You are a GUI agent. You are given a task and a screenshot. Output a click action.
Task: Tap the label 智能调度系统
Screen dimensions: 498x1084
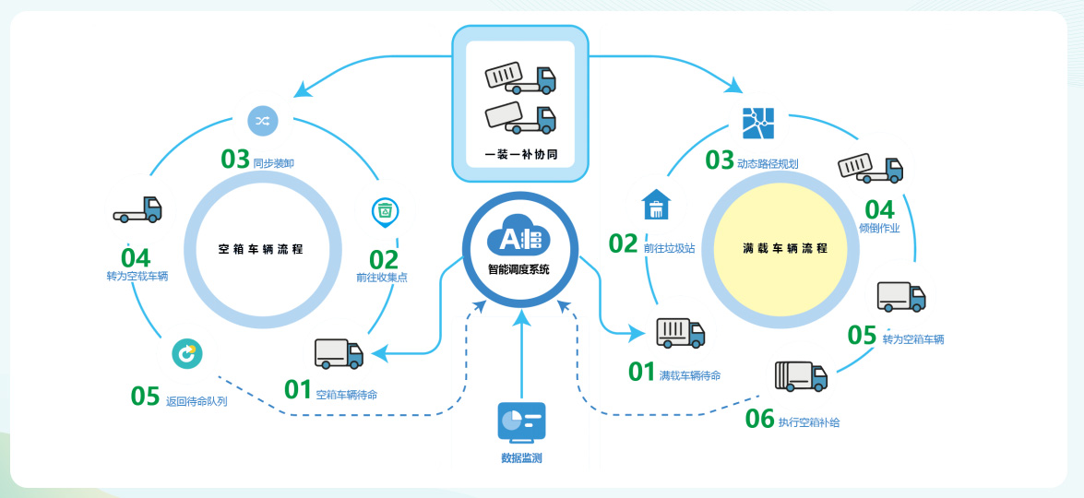click(518, 270)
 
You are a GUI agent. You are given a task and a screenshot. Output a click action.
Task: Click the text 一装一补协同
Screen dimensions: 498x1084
click(519, 154)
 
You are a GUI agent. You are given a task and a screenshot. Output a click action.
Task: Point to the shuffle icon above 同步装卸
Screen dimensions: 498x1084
click(261, 121)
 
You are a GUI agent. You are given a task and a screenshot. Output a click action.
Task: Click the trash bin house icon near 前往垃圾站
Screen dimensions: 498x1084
click(656, 205)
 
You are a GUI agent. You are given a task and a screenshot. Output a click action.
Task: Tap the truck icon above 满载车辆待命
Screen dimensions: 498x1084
click(680, 332)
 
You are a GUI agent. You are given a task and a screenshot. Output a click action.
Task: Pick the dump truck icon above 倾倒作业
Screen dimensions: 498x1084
click(869, 169)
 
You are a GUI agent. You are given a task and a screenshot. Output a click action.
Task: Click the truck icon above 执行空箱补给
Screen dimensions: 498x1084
click(800, 376)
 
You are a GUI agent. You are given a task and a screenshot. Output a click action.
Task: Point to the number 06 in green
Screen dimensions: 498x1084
click(759, 419)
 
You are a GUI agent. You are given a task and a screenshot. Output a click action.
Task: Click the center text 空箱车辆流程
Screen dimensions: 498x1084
click(261, 249)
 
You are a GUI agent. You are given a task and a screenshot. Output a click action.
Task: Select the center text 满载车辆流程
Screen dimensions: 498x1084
click(784, 249)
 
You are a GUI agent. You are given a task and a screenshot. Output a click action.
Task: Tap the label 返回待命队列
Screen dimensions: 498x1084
click(197, 401)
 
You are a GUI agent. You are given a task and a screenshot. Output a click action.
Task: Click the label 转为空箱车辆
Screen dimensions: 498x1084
click(912, 339)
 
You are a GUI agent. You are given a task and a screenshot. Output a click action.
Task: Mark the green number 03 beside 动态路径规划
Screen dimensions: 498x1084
click(720, 160)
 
